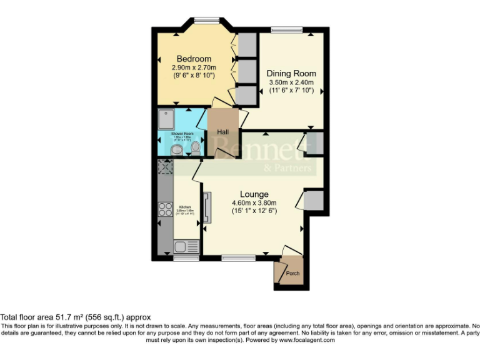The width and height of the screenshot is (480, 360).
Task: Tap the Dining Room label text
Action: click(291, 74)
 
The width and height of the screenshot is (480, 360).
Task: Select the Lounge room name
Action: click(254, 194)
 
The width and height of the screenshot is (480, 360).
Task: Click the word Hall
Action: click(223, 132)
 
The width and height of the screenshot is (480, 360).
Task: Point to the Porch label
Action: click(292, 274)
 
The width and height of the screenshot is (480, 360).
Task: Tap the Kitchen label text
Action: click(185, 207)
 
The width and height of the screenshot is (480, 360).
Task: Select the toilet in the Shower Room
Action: click(196, 148)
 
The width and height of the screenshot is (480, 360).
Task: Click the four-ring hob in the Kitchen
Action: click(166, 209)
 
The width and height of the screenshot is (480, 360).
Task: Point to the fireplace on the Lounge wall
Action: click(208, 207)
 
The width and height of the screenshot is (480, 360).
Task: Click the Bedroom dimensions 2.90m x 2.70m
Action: click(194, 67)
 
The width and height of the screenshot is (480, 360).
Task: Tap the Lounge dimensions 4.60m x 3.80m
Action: click(254, 202)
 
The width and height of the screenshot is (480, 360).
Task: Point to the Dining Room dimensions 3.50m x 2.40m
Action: click(291, 82)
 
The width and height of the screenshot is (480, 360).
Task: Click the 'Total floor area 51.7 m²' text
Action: click(76, 317)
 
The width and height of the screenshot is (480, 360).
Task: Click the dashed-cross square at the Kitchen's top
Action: click(166, 166)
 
